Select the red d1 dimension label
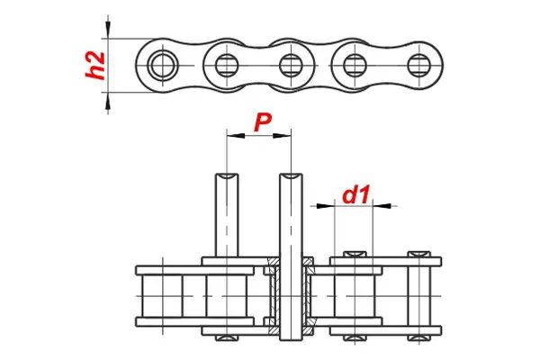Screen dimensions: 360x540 357,193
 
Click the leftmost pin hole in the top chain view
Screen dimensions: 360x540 162,65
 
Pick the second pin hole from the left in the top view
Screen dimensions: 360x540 225,65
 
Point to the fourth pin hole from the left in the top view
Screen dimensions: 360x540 354,65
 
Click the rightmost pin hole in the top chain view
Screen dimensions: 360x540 417,65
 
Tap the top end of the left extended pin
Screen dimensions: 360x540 226,175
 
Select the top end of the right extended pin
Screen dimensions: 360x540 291,175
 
